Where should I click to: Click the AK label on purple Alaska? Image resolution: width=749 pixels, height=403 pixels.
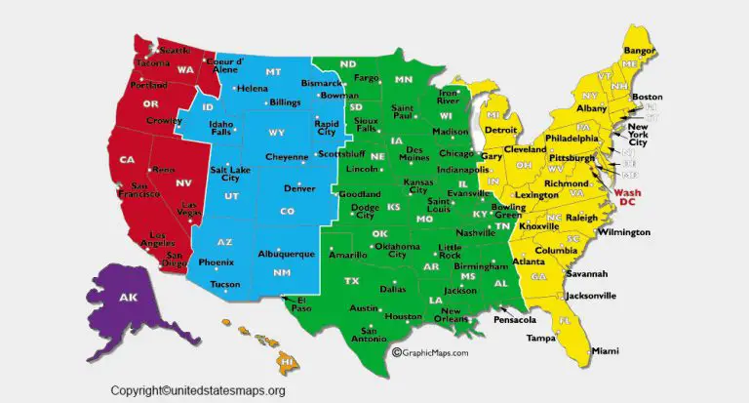coord(128,298)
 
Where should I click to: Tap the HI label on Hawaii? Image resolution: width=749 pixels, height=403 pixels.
coord(286,362)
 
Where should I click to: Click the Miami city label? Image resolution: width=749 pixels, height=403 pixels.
coord(605,350)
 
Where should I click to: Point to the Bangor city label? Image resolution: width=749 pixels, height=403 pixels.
coord(639,50)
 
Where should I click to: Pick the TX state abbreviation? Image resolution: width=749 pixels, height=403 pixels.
coord(352,281)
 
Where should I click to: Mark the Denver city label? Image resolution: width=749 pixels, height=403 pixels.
coord(299,187)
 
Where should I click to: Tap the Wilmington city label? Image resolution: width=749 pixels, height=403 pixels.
coord(623,232)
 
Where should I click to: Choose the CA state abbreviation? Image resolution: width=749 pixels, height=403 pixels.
coord(127,160)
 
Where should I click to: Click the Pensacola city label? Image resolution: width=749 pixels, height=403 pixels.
coord(515,319)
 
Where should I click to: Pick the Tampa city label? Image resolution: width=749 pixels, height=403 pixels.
coord(541,338)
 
